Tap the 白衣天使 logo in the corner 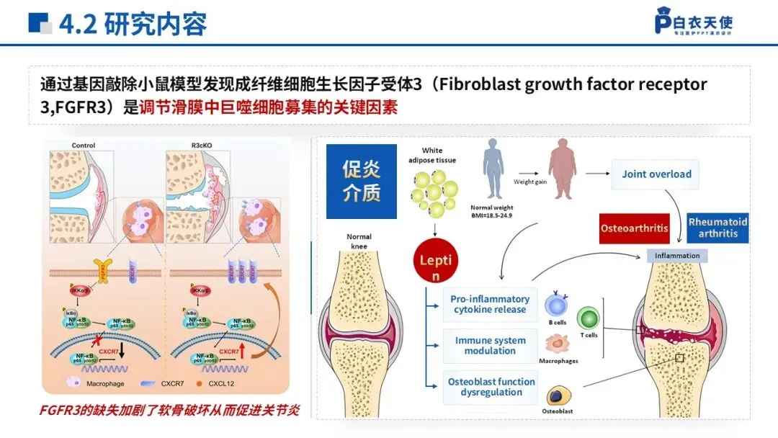(693, 23)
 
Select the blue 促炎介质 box (361, 181)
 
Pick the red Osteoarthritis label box (635, 228)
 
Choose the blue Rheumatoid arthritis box (717, 228)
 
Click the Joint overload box (656, 174)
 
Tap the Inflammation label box (677, 256)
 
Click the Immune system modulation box (489, 346)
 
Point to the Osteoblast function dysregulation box (491, 387)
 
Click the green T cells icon (589, 318)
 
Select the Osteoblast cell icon (557, 395)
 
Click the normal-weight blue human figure (494, 169)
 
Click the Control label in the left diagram (84, 146)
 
